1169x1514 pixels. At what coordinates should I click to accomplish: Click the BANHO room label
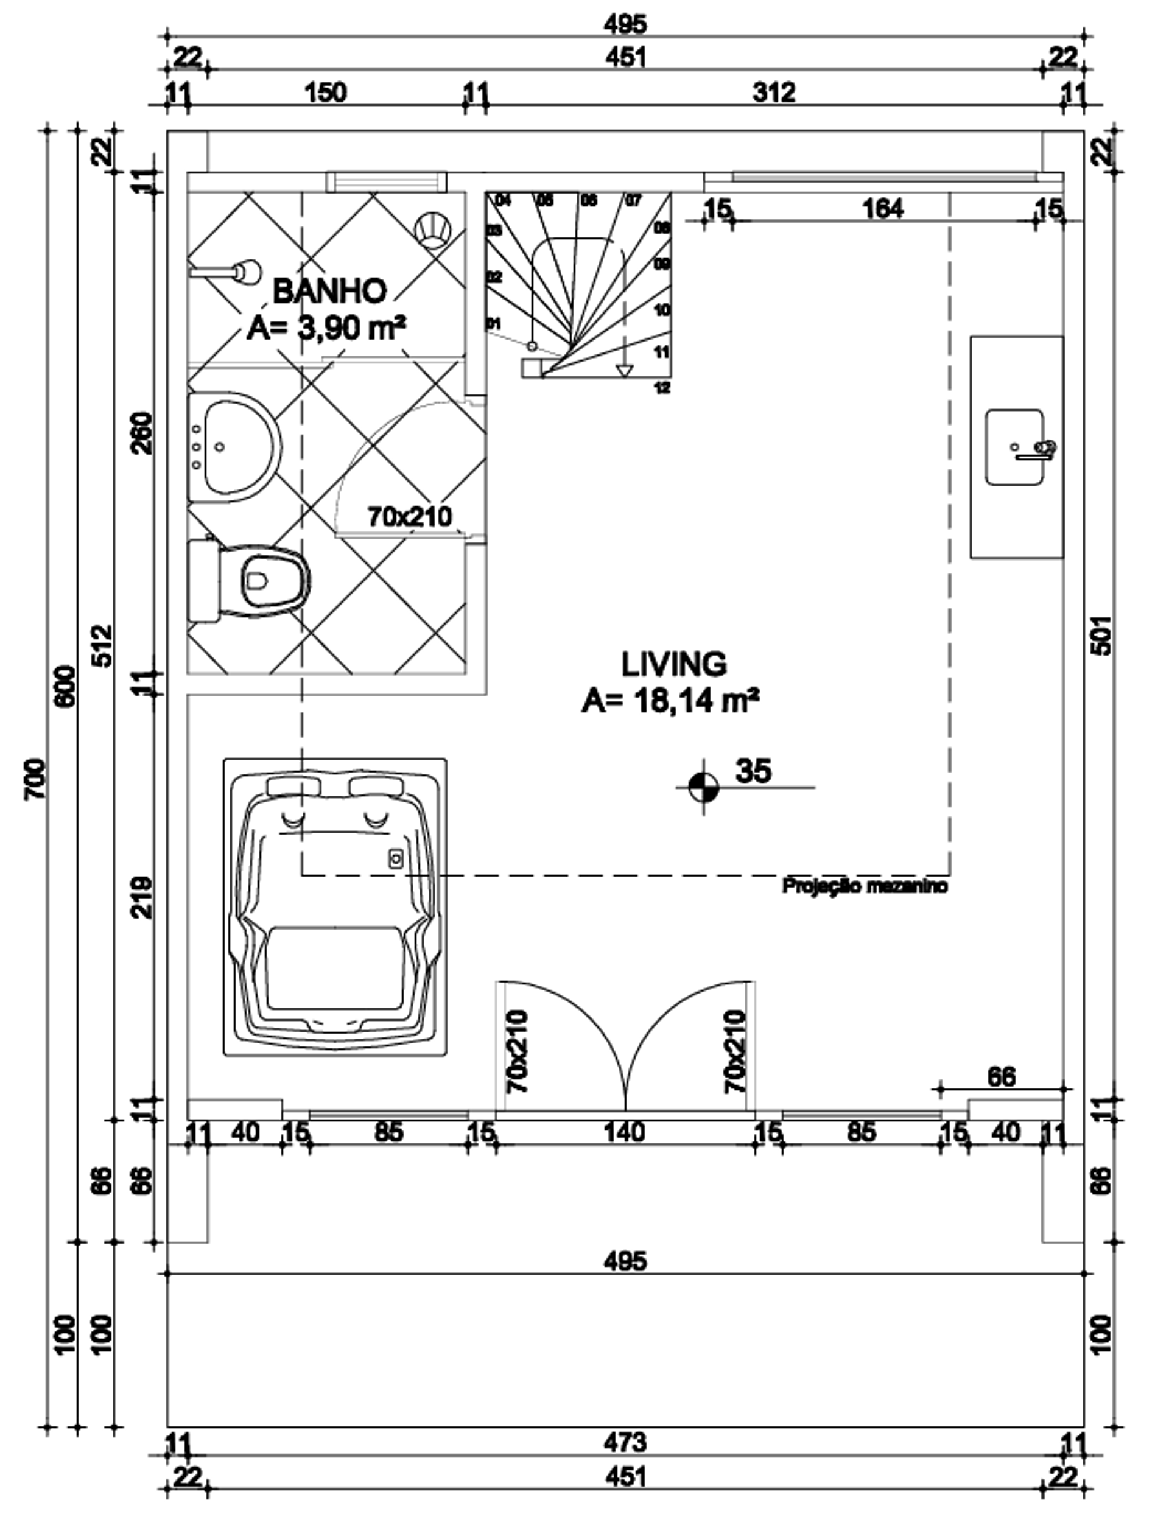point(329,290)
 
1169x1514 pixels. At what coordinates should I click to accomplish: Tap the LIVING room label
point(673,664)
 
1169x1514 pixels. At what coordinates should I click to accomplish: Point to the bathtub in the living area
point(334,908)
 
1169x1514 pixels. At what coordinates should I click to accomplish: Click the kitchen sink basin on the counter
point(1014,446)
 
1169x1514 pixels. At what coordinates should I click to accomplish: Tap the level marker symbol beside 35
point(704,787)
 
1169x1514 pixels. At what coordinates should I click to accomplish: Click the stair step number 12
point(662,388)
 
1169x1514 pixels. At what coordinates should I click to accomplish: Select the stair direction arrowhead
point(625,371)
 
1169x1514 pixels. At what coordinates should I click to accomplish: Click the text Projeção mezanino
point(864,886)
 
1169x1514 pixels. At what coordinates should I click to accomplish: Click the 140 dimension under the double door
point(625,1132)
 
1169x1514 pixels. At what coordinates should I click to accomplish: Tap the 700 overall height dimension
point(35,779)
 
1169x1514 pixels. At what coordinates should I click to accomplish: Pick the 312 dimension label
point(774,91)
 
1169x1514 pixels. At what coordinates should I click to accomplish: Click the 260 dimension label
point(142,433)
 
